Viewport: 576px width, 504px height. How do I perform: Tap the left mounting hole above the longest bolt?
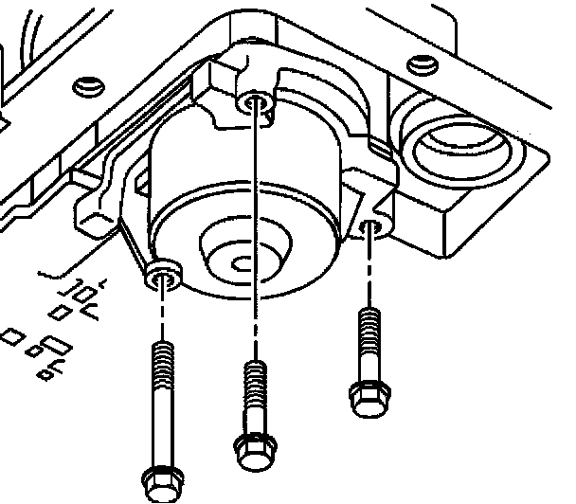pos(165,277)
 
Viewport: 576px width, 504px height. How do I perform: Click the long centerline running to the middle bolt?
pos(253,237)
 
